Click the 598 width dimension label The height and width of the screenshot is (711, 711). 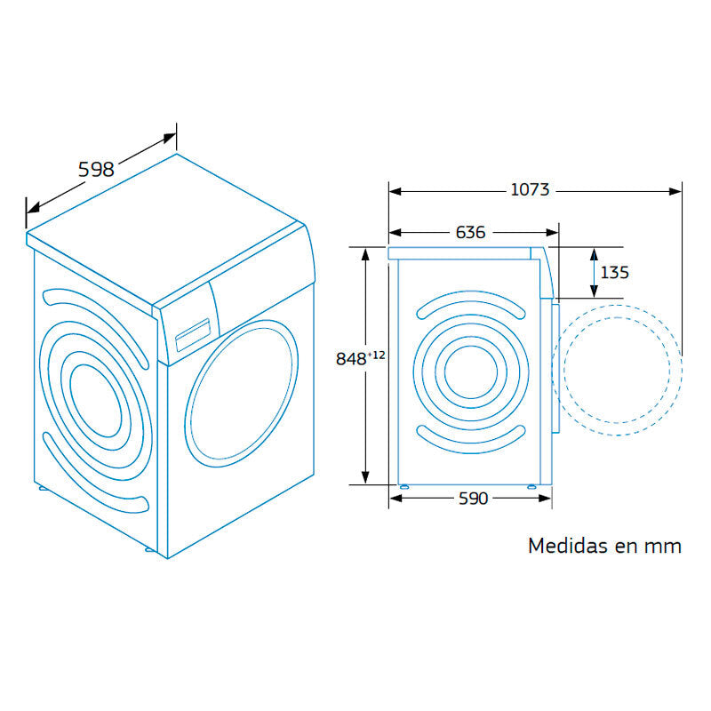click(96, 168)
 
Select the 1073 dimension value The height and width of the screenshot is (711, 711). click(530, 189)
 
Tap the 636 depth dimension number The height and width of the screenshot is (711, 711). click(470, 232)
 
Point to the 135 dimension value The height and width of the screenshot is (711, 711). click(614, 272)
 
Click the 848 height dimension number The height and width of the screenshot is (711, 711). click(351, 359)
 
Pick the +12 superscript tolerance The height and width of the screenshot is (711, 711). click(377, 355)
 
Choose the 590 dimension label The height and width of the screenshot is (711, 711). click(473, 499)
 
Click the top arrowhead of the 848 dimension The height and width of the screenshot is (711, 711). click(365, 252)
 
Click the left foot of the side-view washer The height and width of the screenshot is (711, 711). click(404, 486)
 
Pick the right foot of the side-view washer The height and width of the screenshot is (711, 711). click(532, 486)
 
